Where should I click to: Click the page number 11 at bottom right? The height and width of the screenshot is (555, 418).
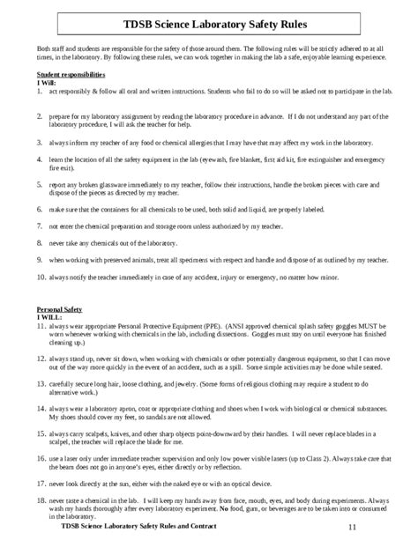pyautogui.click(x=352, y=527)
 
